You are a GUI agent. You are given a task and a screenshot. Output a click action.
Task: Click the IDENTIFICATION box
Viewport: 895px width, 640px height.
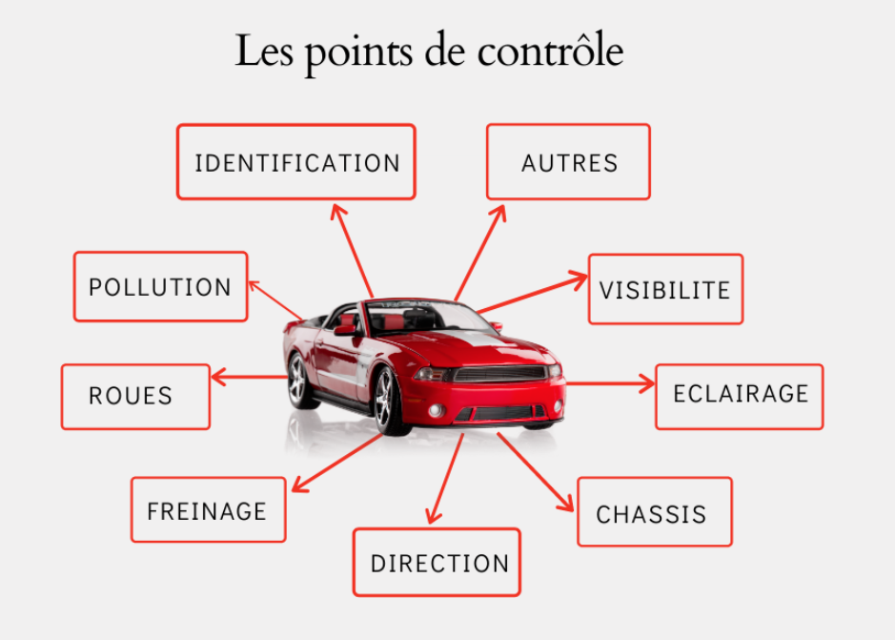click(296, 162)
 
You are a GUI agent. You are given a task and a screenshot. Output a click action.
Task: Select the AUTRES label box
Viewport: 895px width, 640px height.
click(568, 162)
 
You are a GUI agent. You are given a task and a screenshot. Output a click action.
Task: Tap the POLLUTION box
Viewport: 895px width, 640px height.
click(160, 286)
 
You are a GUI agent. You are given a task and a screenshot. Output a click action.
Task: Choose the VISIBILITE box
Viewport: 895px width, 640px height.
click(665, 289)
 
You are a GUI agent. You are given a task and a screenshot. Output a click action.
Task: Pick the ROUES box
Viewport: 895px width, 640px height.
click(136, 397)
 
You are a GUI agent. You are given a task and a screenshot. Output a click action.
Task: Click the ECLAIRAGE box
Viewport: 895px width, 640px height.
click(740, 397)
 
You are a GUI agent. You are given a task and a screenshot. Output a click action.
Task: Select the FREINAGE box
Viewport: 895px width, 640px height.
click(209, 509)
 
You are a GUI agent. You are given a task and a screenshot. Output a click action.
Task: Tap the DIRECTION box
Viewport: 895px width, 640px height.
click(437, 563)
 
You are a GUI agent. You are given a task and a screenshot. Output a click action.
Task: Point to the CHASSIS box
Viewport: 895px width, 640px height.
click(655, 512)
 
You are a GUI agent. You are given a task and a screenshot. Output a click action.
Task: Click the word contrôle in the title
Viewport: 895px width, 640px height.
click(550, 52)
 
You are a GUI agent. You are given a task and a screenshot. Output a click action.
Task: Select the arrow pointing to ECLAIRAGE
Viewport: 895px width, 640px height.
click(610, 383)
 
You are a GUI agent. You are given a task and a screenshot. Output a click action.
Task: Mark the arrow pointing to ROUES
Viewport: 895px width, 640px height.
click(250, 377)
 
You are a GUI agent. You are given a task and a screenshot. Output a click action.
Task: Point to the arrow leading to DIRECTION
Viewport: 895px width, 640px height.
click(445, 479)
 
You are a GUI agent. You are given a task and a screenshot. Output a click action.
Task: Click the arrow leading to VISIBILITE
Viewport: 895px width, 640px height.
click(533, 293)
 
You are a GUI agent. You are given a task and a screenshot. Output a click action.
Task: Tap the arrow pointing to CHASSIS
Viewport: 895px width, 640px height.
click(536, 472)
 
